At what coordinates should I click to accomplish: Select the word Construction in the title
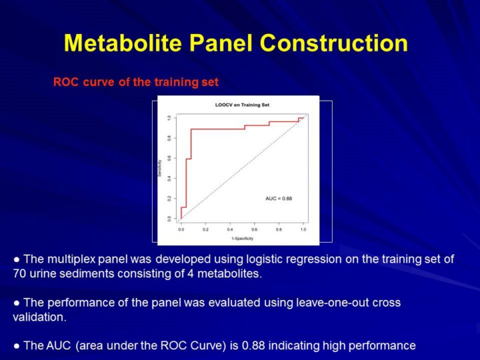coord(333,43)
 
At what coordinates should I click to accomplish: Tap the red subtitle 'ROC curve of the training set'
coord(136,83)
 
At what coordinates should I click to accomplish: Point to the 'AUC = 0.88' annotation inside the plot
coord(279,199)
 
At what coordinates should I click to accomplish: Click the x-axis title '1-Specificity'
coord(241,238)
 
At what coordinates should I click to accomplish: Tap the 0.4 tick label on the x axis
coord(230,229)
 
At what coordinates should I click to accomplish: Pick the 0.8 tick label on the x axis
coord(279,229)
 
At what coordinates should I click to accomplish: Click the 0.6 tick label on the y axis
coord(169,158)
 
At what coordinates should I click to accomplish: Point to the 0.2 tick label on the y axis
coord(169,198)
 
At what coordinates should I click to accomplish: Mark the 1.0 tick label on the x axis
coord(303,229)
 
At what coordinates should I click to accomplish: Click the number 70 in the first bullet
coord(20,273)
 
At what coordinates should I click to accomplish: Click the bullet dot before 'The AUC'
coord(17,345)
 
